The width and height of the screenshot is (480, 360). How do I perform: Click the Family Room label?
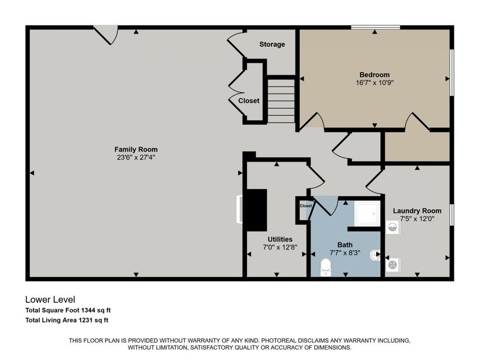(x=136, y=149)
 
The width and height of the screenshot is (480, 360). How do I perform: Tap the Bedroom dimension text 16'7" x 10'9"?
(x=374, y=83)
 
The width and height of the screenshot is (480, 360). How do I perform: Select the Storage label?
(x=272, y=44)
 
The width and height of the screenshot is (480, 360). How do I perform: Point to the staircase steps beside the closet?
(x=281, y=101)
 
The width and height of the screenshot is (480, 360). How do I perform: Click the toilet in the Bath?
(x=326, y=267)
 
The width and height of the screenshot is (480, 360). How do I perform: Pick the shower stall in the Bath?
(x=367, y=213)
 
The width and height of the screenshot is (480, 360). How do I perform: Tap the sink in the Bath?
(x=375, y=255)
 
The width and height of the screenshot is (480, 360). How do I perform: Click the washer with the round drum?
(x=393, y=227)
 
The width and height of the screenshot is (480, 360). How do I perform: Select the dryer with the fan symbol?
(x=393, y=265)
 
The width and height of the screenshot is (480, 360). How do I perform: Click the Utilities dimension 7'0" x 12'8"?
(x=280, y=247)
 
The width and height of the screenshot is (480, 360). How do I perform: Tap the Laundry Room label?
(x=417, y=211)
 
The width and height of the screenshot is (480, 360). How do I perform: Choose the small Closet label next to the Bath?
(x=306, y=206)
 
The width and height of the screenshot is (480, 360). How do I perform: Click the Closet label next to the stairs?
(x=249, y=101)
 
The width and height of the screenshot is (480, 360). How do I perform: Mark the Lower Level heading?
(x=50, y=299)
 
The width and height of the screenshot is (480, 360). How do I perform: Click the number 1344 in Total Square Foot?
(x=88, y=310)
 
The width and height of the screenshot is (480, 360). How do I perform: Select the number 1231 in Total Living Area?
(x=86, y=320)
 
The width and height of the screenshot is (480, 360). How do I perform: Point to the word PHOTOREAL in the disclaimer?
(x=279, y=340)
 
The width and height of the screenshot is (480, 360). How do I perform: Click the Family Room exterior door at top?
(x=106, y=35)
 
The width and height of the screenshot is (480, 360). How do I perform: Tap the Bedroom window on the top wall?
(x=375, y=28)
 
